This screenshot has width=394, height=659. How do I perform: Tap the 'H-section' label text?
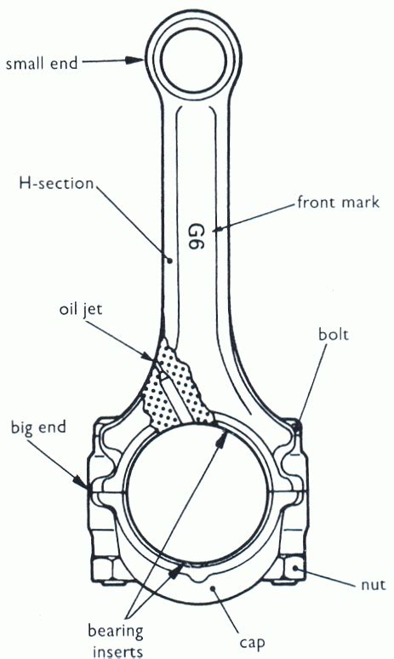[x=56, y=182]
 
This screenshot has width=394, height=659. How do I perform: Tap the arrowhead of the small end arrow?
[x=140, y=60]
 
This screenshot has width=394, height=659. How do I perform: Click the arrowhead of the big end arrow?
[x=89, y=489]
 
